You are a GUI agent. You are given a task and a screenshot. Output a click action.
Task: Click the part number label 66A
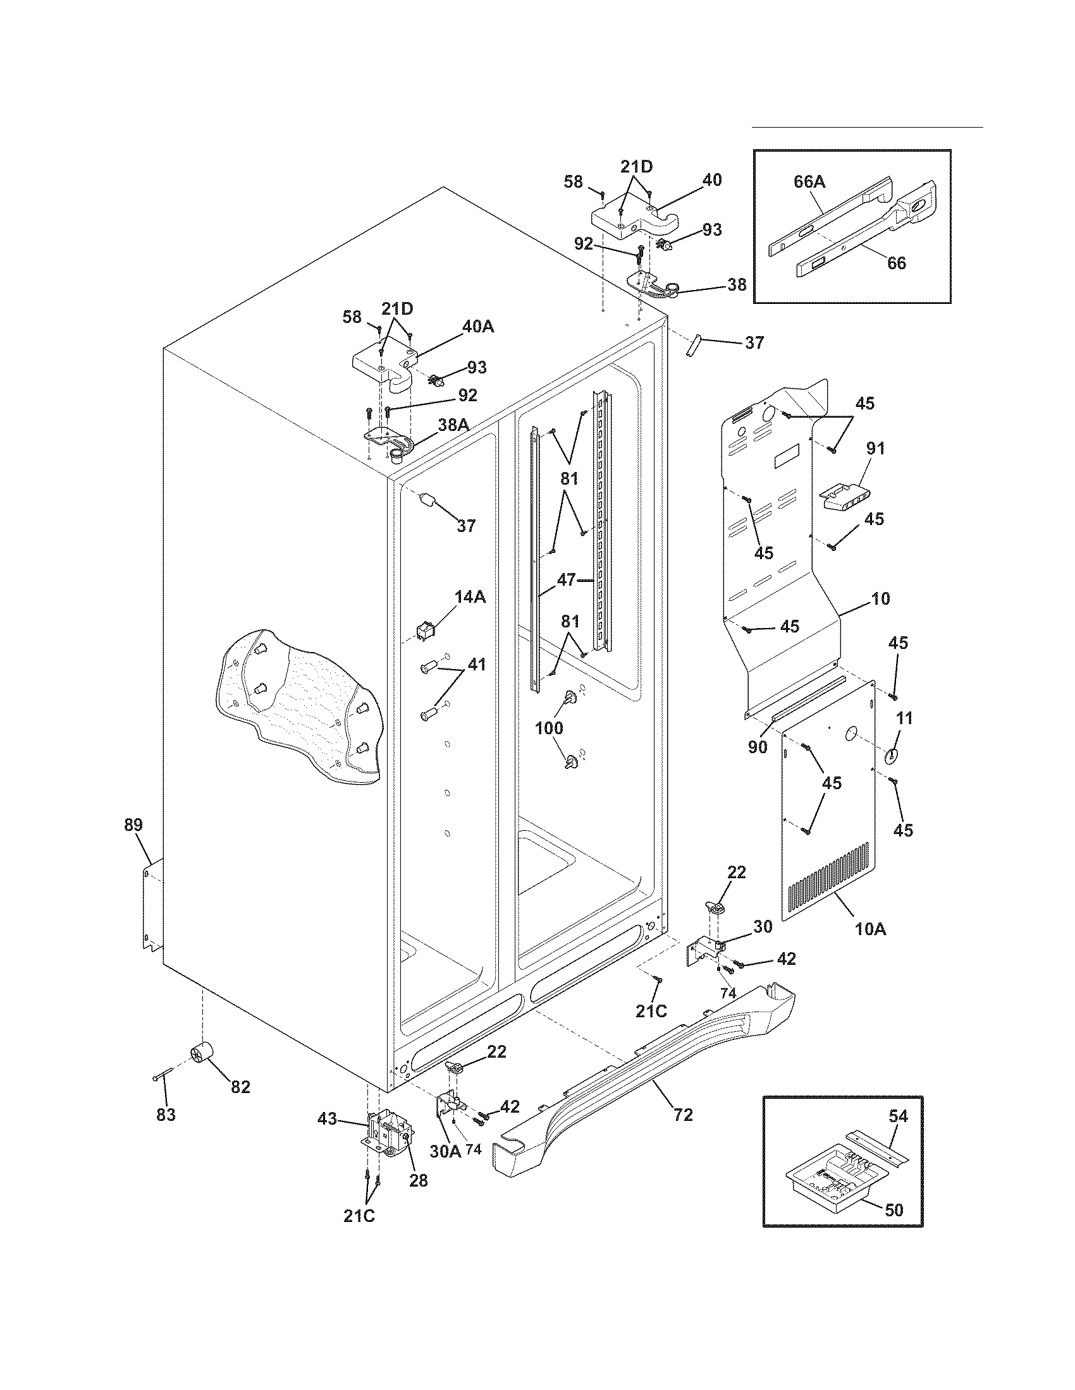click(x=809, y=181)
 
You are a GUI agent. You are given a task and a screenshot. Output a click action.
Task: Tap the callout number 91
click(x=876, y=448)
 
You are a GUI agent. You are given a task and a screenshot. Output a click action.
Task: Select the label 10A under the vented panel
click(x=870, y=929)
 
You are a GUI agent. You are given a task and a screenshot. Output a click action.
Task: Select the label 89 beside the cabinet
click(x=133, y=825)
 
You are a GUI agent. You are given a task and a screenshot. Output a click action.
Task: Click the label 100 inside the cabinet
click(x=549, y=727)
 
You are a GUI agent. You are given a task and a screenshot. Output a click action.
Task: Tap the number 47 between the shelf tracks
click(x=566, y=579)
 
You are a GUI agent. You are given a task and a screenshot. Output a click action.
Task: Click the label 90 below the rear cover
click(x=757, y=747)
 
